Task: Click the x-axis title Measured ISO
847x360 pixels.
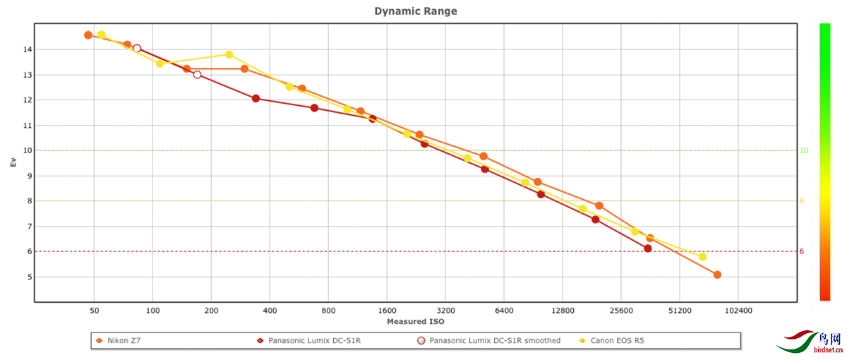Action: (x=415, y=322)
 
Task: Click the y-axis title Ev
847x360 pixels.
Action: (x=13, y=162)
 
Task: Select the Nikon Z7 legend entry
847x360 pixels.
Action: (x=123, y=341)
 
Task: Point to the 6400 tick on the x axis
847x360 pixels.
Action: (x=504, y=310)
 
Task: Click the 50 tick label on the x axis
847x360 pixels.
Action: (x=94, y=310)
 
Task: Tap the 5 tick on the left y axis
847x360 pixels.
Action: (x=27, y=277)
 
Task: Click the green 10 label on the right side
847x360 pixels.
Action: (x=803, y=150)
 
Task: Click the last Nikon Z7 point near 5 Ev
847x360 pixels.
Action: (x=717, y=275)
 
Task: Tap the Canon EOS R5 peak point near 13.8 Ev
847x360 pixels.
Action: (x=229, y=54)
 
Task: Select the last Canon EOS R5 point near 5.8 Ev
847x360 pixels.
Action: (x=702, y=257)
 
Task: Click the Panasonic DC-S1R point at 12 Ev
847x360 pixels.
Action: (x=256, y=99)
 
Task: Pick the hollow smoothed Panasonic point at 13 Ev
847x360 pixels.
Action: (x=197, y=75)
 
